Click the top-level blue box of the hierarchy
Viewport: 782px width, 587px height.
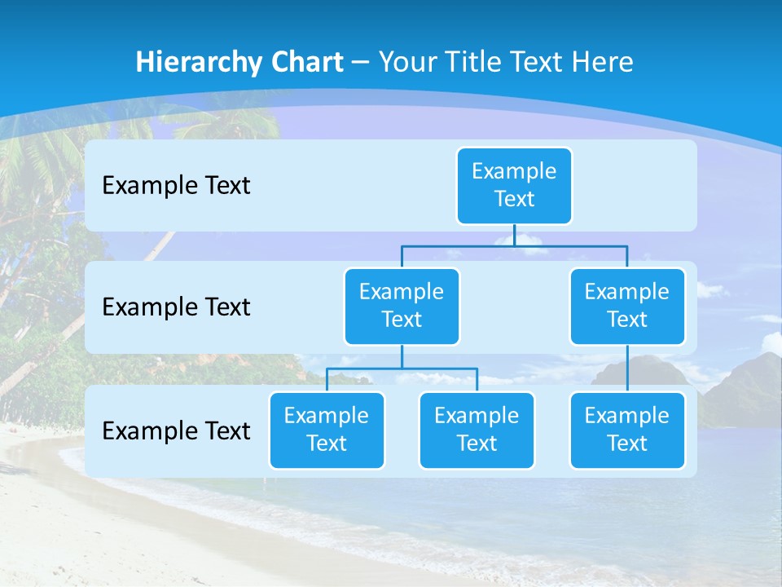pos(514,186)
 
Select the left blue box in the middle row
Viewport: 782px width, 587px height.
pos(402,306)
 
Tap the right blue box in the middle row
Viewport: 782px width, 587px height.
pos(627,306)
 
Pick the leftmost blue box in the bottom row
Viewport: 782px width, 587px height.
pos(327,430)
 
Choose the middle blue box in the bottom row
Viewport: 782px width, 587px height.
pos(477,430)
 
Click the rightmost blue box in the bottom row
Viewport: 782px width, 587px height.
pos(627,430)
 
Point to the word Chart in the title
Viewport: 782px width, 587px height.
pos(303,63)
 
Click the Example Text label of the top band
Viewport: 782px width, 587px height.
pos(176,186)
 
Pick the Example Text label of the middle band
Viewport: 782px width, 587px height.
pos(176,307)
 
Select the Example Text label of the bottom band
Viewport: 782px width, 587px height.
pos(176,430)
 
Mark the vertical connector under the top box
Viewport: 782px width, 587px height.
pos(514,235)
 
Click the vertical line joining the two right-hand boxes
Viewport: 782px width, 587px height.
pos(627,369)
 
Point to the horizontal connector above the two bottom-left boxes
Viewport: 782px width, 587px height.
pos(402,369)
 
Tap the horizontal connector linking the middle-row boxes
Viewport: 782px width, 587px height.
pos(514,245)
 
